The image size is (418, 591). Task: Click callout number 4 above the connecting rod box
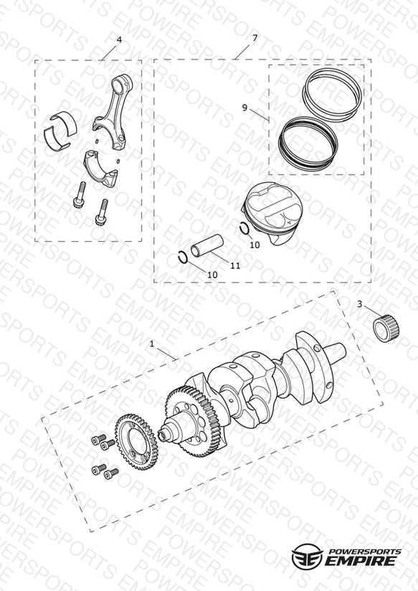pos(119,40)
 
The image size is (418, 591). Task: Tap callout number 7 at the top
pos(255,38)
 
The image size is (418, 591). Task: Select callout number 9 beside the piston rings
pos(244,108)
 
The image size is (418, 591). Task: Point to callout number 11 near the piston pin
pos(235,265)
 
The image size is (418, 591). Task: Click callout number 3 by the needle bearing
pos(360,304)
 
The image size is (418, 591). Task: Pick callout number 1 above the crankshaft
pos(152,344)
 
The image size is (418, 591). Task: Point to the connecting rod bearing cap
pos(100,168)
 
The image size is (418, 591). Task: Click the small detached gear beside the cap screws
pos(136,442)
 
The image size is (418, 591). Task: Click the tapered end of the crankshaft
pos(336,352)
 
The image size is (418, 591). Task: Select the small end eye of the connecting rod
pos(122,82)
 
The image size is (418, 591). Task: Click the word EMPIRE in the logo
pos(361,560)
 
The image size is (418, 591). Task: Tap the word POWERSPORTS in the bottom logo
pos(365,552)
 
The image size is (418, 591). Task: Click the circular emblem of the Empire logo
pos(307,556)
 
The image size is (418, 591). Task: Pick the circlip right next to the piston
pos(244,228)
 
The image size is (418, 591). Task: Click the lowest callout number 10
pos(212,275)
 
